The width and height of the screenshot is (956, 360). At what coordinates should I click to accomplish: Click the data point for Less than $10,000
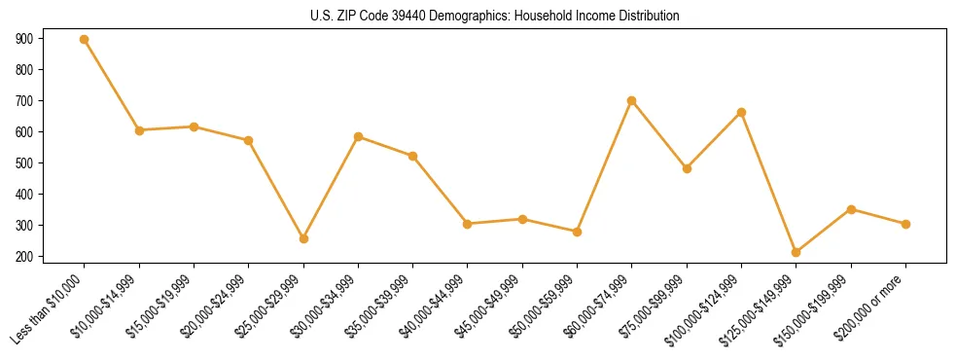(85, 40)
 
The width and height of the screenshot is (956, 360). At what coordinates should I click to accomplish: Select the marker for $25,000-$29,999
(303, 238)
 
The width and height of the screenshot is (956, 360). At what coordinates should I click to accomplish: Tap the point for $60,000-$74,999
(632, 100)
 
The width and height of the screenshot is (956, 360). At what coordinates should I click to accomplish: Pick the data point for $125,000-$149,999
(797, 252)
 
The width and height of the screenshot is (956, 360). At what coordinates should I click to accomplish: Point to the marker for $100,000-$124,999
(742, 113)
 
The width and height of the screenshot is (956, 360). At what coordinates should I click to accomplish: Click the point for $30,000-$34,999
(359, 137)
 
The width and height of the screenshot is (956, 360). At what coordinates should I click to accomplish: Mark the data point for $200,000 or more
(906, 224)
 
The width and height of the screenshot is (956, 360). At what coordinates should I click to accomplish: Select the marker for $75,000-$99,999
(687, 168)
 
